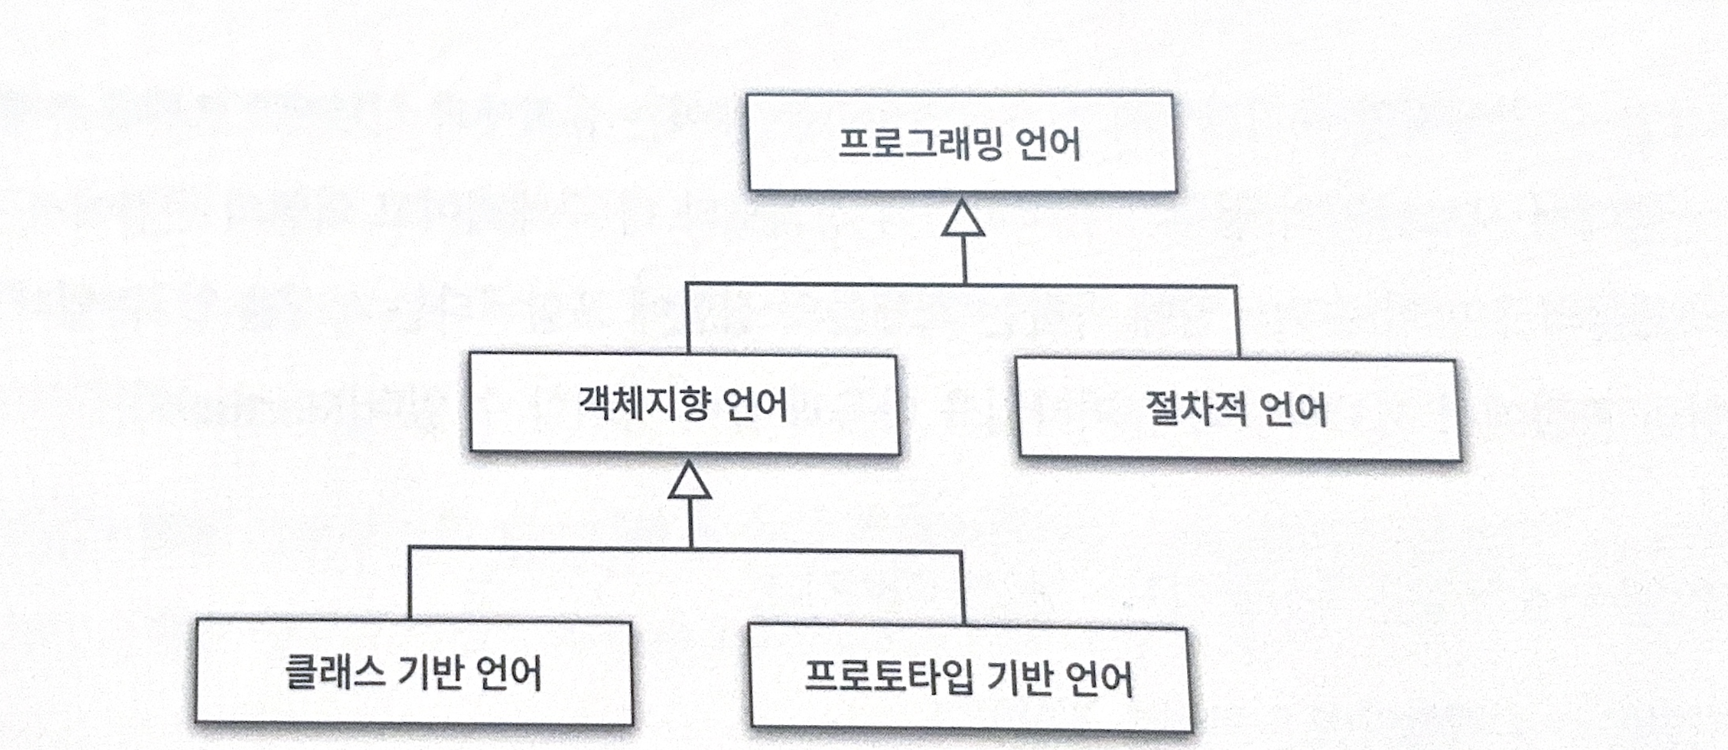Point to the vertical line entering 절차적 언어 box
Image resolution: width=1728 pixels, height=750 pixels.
coord(1236,322)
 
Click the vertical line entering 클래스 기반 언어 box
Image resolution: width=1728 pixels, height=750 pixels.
coord(410,584)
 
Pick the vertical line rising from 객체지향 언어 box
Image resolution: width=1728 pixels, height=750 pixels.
coord(688,319)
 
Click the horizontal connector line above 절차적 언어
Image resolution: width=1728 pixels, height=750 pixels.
coord(1100,286)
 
